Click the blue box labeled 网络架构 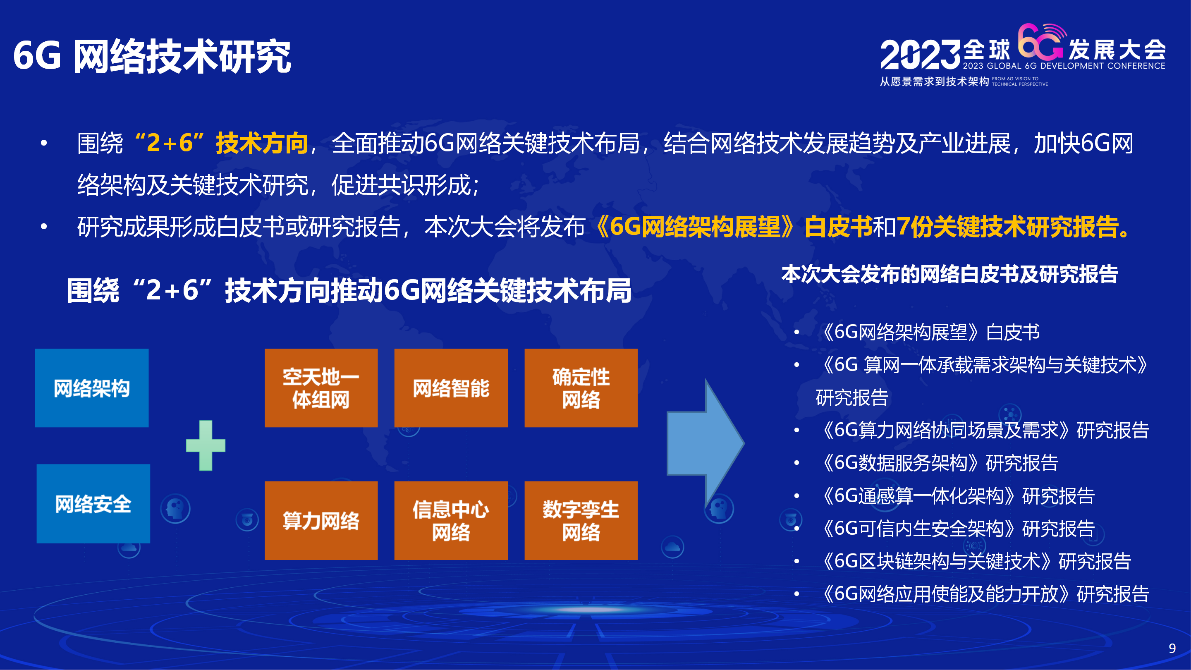[91, 388]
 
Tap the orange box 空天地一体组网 [321, 388]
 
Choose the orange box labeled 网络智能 [451, 388]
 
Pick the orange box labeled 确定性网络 [581, 388]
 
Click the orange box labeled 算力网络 [321, 520]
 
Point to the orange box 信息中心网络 [451, 520]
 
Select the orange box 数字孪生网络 [581, 520]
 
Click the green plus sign [205, 445]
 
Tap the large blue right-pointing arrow [705, 443]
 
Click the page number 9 [1172, 648]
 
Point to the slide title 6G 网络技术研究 [152, 56]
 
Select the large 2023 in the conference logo [921, 55]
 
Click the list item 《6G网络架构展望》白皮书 [929, 332]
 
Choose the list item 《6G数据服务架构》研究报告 [939, 463]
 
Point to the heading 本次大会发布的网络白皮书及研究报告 [949, 274]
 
